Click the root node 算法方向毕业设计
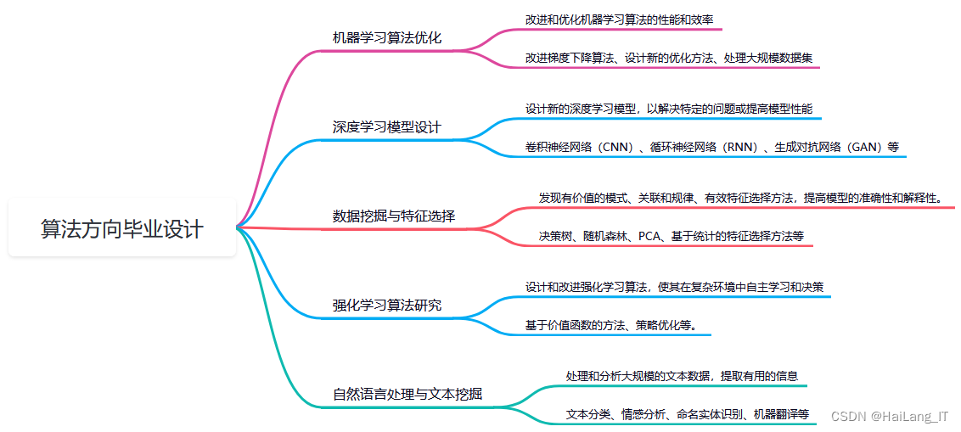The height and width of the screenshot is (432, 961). coord(122,228)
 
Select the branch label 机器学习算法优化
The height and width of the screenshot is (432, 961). coord(386,38)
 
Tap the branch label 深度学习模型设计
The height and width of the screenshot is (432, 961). coord(386,127)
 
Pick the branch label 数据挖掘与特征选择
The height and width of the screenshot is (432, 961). coord(393,216)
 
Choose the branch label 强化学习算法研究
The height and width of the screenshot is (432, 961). coord(386,305)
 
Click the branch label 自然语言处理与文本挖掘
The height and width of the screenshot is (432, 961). coord(407,394)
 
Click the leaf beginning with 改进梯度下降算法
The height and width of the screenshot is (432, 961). coord(668,59)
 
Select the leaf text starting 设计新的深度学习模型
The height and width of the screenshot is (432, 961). coord(668,109)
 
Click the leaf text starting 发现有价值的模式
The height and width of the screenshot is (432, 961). coord(739,198)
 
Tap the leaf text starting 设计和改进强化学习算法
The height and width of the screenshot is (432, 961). coord(674,287)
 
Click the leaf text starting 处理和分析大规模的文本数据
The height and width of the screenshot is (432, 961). coord(681,375)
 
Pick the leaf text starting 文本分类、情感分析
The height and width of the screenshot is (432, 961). coord(687,414)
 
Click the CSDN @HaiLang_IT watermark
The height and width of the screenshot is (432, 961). coord(889,417)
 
